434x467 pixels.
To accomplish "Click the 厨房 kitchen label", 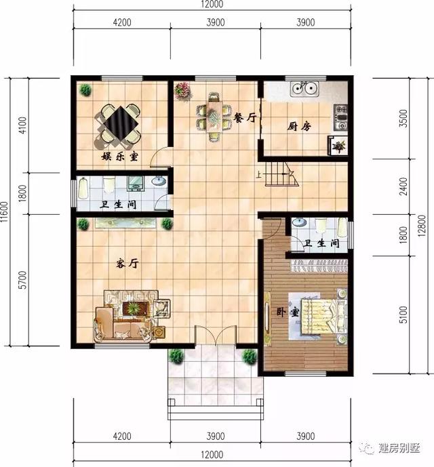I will click(x=299, y=126).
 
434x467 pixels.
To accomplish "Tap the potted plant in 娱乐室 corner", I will click(x=86, y=89).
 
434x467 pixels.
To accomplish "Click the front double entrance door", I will click(x=214, y=337).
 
